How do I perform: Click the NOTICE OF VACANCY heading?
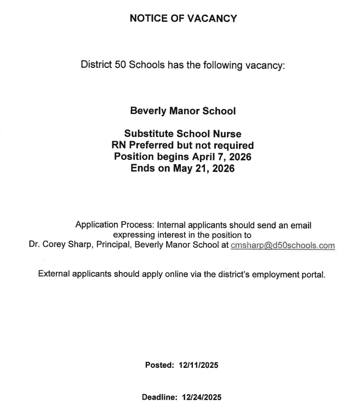pos(183,19)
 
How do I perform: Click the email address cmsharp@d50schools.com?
pos(283,246)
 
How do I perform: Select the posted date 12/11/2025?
pos(198,365)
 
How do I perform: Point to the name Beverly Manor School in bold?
pos(182,111)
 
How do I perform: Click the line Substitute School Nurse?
pos(182,134)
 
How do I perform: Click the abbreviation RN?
pos(119,146)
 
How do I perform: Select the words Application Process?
pos(115,224)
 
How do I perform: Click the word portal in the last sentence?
pos(312,274)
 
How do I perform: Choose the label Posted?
pos(158,365)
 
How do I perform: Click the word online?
pos(179,274)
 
